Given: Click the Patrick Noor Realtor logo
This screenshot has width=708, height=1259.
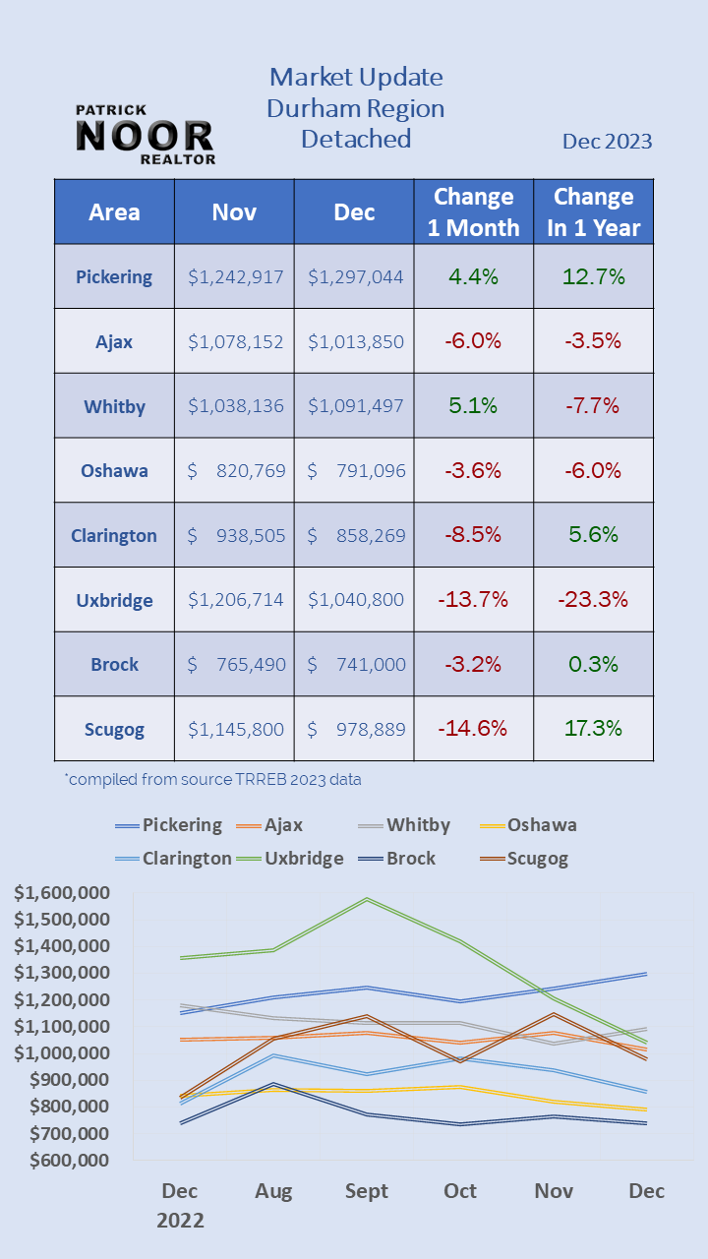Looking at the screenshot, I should (x=145, y=135).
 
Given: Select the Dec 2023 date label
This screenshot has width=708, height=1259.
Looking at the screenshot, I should (x=607, y=142).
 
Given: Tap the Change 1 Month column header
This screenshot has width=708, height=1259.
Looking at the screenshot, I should (x=473, y=211).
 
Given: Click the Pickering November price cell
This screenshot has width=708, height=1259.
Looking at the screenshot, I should (x=235, y=276).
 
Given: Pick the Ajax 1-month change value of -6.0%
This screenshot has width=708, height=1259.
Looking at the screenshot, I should (x=473, y=341).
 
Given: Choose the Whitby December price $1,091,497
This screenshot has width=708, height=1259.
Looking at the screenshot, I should (x=355, y=405).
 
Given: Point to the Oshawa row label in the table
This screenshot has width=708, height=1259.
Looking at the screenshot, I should (x=114, y=470).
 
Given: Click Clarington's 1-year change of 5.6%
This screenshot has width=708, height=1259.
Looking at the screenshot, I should (x=593, y=535).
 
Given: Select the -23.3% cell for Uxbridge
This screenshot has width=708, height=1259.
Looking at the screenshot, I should (x=593, y=599).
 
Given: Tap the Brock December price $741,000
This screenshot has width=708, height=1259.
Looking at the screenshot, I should (x=355, y=664).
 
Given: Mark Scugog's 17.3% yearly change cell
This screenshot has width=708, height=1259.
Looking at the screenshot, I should (x=593, y=729).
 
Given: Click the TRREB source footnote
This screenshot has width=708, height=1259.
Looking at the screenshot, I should (x=213, y=780).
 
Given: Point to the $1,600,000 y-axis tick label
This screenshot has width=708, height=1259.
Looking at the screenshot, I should (x=62, y=893).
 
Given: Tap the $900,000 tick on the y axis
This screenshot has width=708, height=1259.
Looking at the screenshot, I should (x=69, y=1080).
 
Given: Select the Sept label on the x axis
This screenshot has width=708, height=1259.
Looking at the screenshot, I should (x=367, y=1191).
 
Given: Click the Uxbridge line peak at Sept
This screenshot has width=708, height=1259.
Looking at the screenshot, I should (x=367, y=899).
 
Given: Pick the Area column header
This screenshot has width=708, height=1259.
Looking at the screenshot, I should (x=114, y=211).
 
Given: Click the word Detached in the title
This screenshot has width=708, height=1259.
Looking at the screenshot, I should (x=356, y=139).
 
